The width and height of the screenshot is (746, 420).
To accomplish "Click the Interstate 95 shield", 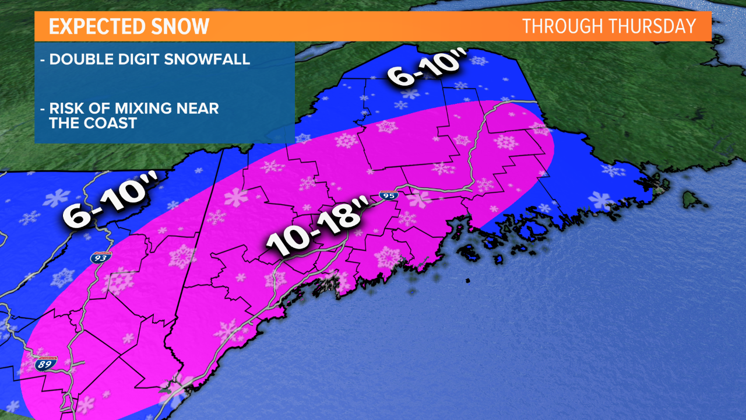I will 388,195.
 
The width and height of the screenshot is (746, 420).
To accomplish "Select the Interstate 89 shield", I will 45,363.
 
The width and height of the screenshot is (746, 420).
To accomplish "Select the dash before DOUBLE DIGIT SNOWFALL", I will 43,60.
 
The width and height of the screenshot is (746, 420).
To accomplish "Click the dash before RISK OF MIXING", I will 43,109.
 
